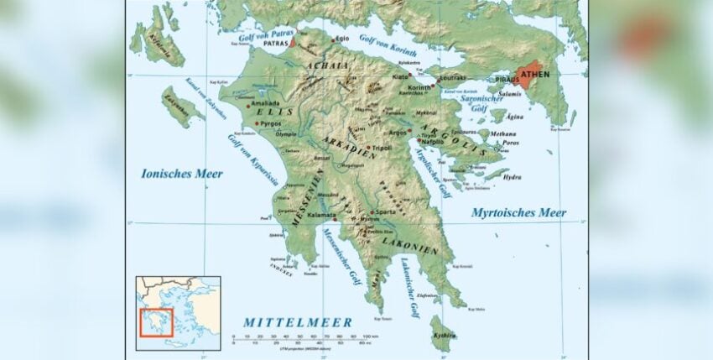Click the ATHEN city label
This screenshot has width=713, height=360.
tap(537, 74)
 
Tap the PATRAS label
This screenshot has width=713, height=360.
tap(276, 42)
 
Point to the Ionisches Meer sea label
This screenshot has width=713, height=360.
tap(182, 174)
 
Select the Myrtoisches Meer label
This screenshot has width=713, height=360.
tap(518, 212)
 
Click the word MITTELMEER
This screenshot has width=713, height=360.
tap(298, 322)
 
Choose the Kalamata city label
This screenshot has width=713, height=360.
tap(321, 217)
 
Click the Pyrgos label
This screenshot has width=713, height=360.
tap(270, 123)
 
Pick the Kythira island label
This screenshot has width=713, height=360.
tap(445, 335)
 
